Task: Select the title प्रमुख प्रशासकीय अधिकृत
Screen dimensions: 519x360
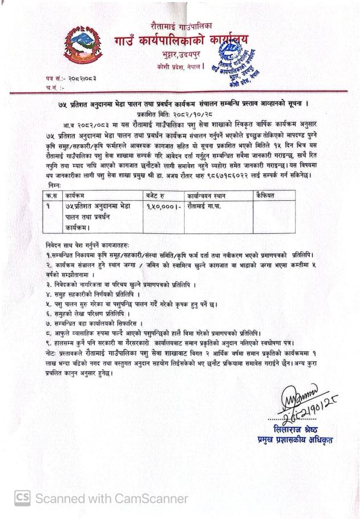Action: click(x=294, y=440)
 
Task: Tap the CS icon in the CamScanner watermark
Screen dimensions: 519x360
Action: click(x=22, y=498)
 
